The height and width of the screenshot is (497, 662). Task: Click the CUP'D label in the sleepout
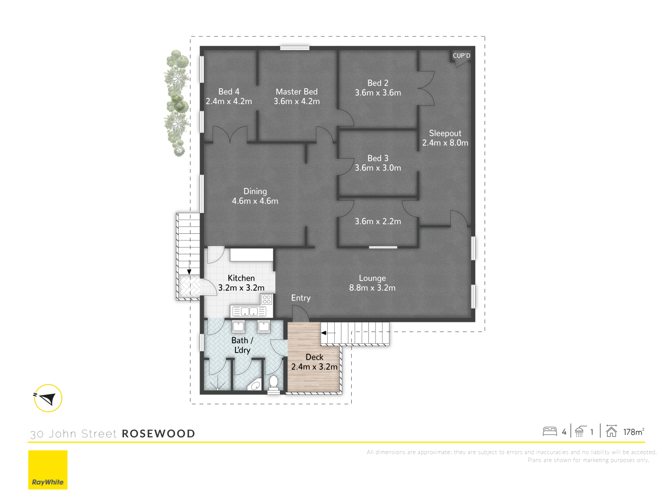[461, 55]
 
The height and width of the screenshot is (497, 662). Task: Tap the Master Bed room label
[296, 91]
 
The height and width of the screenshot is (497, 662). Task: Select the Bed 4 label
[228, 91]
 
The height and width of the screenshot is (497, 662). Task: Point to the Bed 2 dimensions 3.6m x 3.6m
[378, 93]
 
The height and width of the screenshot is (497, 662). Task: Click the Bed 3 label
[378, 158]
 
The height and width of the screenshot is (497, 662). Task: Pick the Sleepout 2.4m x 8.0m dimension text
[445, 143]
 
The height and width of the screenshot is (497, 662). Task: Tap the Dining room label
[255, 191]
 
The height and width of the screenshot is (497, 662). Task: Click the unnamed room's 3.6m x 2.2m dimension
[378, 222]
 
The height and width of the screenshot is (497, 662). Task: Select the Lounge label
[373, 278]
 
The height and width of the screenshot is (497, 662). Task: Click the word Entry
[301, 298]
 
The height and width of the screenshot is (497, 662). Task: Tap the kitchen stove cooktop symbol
[267, 299]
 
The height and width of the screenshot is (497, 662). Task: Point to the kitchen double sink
[249, 311]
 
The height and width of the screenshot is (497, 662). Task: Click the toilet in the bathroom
[273, 384]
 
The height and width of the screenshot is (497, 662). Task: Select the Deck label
[314, 357]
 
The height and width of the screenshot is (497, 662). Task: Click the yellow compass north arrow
[48, 399]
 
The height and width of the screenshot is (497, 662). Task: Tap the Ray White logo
[48, 470]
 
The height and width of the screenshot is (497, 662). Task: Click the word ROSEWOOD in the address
[158, 434]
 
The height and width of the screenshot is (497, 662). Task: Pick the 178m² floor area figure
[633, 432]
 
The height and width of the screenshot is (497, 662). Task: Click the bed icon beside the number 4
[549, 432]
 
